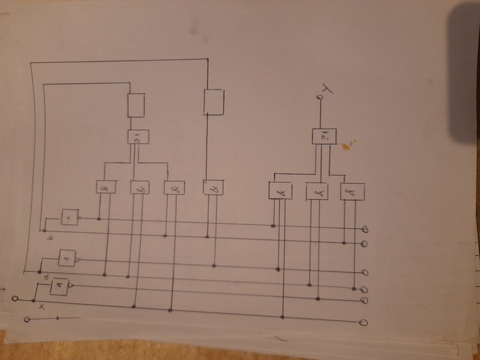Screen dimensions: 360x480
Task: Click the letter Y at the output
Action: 327,90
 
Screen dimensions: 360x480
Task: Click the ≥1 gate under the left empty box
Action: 138,137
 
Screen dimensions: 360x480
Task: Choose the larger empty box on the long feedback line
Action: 214,102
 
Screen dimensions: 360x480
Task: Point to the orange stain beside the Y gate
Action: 347,144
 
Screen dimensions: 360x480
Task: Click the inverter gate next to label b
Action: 70,217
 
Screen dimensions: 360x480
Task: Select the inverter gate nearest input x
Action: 59,287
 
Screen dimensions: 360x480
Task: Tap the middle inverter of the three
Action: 65,259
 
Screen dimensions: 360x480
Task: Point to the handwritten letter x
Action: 41,307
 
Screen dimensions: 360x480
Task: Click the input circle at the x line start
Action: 16,299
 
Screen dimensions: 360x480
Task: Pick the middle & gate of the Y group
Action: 317,191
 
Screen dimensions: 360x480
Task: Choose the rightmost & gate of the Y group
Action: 352,191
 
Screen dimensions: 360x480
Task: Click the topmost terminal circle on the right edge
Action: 365,229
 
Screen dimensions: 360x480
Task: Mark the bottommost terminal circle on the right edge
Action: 363,323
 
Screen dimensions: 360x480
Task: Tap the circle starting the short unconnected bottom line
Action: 27,320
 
